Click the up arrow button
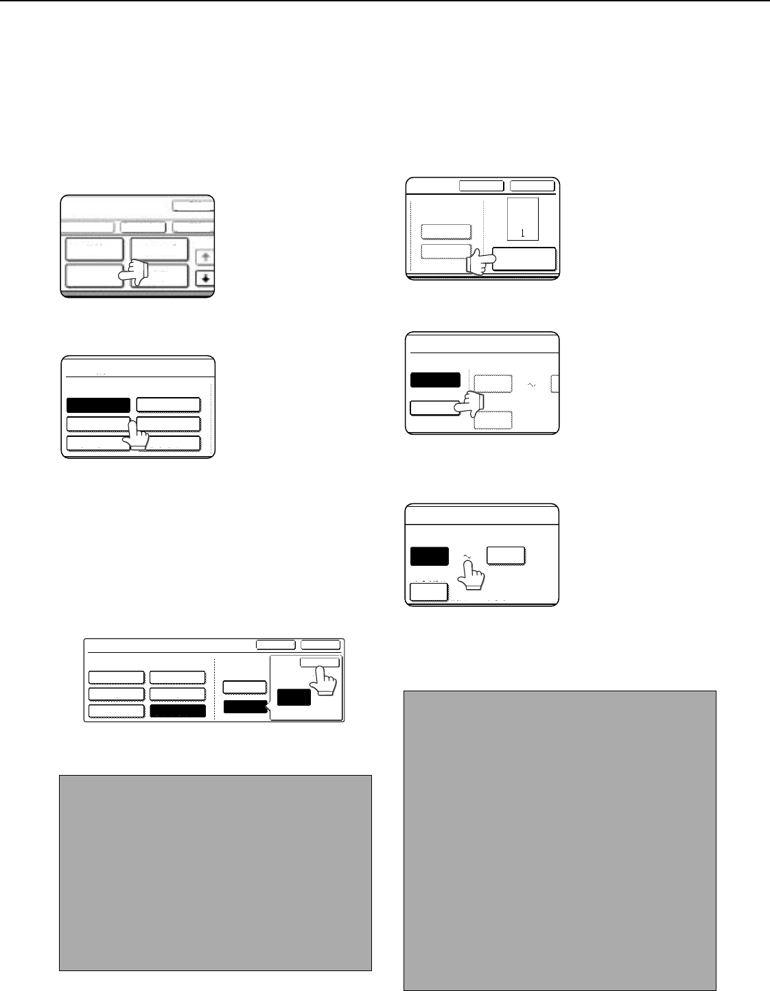pos(205,256)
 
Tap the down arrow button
pos(205,278)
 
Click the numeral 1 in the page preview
pos(522,233)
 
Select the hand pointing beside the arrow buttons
pos(133,273)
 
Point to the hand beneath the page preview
pos(480,262)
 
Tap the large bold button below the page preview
pos(524,259)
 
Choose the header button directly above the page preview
pos(533,186)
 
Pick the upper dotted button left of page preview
pos(446,232)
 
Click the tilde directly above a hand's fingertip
pos(467,556)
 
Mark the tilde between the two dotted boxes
pos(531,385)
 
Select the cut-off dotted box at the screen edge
pos(555,383)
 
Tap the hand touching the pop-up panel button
pos(323,680)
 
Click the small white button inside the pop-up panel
pos(320,662)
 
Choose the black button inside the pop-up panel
pos(294,697)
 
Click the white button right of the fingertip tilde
pos(506,556)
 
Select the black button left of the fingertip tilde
pos(430,556)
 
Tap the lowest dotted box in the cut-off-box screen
pos(493,420)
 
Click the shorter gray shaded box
pos(215,873)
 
